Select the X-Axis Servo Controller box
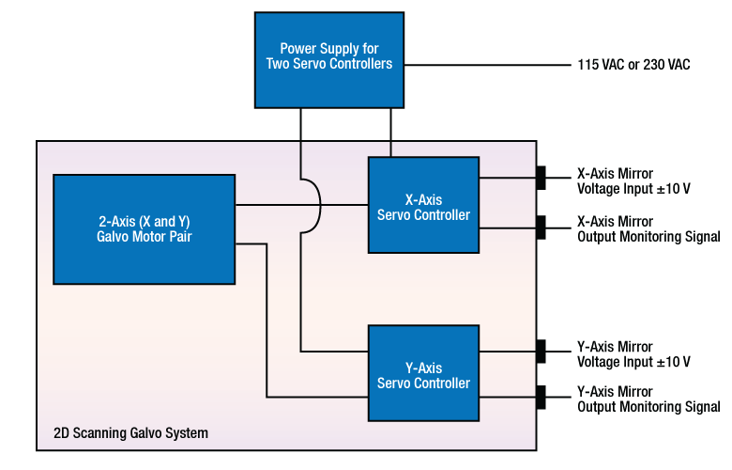pos(423,205)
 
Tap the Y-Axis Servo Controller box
pos(423,372)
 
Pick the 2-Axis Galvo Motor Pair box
pos(145,228)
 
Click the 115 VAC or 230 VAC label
pos(633,65)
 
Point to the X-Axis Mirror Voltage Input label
pos(633,180)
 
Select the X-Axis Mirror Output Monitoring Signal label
pos(648,229)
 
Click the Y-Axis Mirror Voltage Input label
pos(633,354)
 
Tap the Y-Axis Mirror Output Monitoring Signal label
pos(648,399)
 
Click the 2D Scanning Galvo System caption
pos(130,433)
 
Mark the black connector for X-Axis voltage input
pos(541,178)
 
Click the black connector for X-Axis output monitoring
pos(541,227)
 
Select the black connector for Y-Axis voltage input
pos(541,351)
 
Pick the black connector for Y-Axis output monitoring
pos(541,397)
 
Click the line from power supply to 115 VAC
pos(488,65)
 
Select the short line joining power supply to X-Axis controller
pos(390,132)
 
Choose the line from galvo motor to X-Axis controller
pos(272,204)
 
